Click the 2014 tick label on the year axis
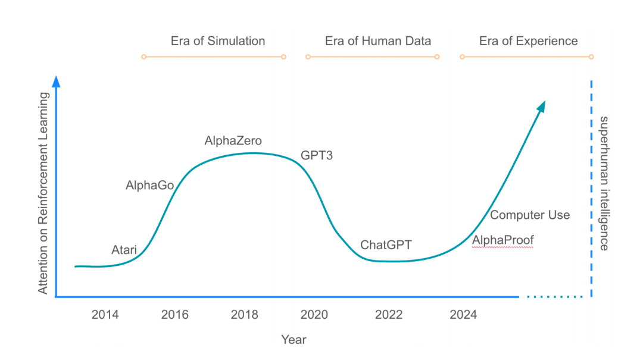coord(105,315)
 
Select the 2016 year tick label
coord(175,315)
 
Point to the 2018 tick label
coord(244,315)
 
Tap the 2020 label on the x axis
coord(314,315)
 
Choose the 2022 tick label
coord(389,315)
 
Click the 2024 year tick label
coord(463,315)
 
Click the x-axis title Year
coord(294,340)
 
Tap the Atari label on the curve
coord(124,250)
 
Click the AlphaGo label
coord(149,186)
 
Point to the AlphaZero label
coord(233,141)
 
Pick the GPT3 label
coord(317,156)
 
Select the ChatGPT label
coord(386,245)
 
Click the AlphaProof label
coord(503,240)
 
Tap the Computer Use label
coord(530,215)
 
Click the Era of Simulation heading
coord(218,41)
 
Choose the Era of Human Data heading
coord(378,41)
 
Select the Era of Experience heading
coord(529,41)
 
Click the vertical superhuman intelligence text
coord(604,183)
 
